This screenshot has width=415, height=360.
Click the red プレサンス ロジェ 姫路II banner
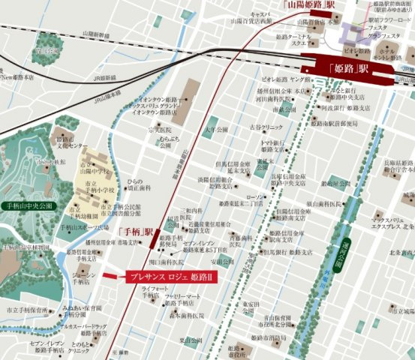point(171,277)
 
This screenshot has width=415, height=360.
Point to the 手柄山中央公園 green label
point(28,204)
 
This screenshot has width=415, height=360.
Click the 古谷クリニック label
point(266,127)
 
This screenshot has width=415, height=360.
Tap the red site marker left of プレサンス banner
point(110,277)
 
